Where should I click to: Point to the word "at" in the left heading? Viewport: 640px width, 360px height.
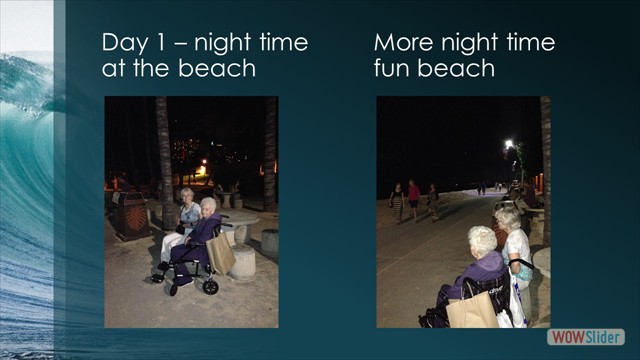111,69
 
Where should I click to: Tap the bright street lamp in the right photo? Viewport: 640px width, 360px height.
508,145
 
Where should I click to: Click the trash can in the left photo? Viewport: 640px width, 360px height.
130,214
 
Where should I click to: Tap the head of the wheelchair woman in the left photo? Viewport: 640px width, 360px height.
208,207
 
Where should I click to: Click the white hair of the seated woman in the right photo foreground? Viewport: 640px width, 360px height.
483,240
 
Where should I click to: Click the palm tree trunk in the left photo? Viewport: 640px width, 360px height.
164,160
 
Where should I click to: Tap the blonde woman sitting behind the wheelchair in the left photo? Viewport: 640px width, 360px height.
187,213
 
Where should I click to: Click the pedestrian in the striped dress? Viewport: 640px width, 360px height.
397,200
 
